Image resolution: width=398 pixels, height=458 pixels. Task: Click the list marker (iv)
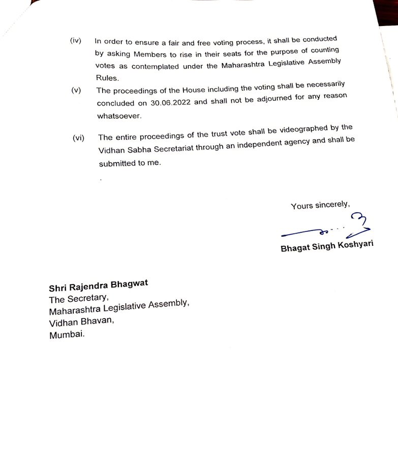76,41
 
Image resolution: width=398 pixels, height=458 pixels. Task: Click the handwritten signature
325,228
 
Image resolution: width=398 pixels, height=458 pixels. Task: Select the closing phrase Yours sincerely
320,205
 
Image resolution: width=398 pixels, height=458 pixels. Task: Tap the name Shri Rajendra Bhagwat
99,285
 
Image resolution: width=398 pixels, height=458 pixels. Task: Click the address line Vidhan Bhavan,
82,322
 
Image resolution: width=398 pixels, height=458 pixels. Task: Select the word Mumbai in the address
67,335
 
